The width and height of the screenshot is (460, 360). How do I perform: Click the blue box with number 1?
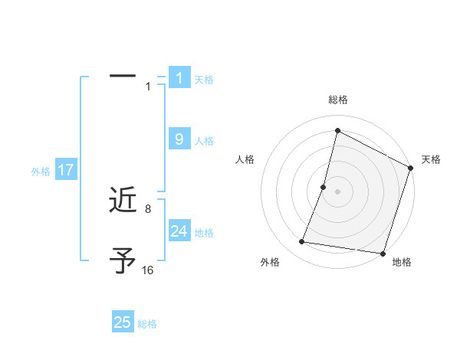click(x=179, y=77)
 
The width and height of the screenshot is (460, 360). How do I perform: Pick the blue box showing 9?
click(x=179, y=139)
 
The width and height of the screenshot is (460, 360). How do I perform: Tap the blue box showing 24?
click(x=179, y=231)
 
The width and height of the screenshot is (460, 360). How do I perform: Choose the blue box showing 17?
click(x=66, y=170)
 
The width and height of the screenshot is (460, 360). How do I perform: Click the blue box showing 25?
click(x=123, y=322)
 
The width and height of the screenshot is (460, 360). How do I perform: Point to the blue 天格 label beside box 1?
click(x=204, y=79)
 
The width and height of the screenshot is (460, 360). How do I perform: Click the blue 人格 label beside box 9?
click(x=204, y=141)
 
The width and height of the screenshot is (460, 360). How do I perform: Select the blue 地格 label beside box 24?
click(x=204, y=233)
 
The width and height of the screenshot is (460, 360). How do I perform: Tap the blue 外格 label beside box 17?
click(x=41, y=172)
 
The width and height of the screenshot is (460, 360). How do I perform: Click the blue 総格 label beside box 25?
click(x=147, y=324)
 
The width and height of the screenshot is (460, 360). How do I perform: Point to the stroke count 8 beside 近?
click(x=147, y=208)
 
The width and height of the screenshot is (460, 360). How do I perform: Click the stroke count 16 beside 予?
click(x=147, y=270)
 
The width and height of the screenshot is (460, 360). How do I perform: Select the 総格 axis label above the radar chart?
click(x=338, y=100)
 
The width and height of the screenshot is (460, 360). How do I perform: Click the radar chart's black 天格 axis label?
click(x=431, y=159)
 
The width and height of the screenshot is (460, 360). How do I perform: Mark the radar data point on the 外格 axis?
click(x=302, y=242)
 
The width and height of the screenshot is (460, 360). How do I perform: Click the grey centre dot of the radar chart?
click(x=338, y=191)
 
